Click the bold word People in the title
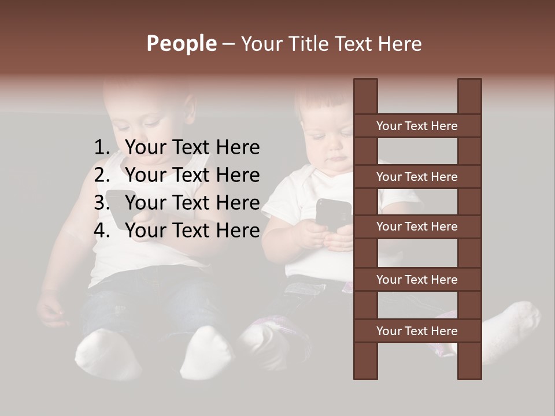(181, 43)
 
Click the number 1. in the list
(101, 148)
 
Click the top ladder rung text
(417, 126)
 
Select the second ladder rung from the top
(417, 177)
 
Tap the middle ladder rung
(417, 226)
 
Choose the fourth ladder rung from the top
(417, 280)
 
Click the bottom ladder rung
(417, 331)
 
